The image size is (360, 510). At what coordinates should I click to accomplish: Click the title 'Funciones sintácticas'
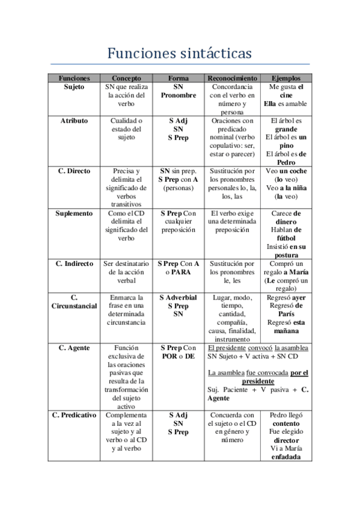[x=179, y=54]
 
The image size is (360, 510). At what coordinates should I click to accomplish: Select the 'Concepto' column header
[x=126, y=78]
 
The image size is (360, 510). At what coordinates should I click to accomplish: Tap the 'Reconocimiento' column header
[x=233, y=78]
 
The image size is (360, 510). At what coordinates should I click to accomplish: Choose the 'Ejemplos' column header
[x=286, y=78]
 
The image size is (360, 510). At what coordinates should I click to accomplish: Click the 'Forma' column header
[x=178, y=78]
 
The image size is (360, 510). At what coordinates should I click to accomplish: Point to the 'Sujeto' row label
[x=74, y=87]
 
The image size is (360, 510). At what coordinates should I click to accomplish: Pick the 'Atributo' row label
[x=74, y=121]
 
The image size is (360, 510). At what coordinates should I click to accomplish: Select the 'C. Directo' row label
[x=74, y=171]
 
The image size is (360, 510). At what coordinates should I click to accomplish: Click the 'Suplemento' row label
[x=74, y=214]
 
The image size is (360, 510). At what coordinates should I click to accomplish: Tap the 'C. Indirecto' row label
[x=74, y=264]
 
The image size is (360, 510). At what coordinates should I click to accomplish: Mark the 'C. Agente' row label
[x=74, y=348]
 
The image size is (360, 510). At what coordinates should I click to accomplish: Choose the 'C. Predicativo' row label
[x=74, y=416]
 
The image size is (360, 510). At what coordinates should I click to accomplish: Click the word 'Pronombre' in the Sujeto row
[x=178, y=96]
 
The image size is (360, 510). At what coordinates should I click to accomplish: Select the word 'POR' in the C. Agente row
[x=170, y=357]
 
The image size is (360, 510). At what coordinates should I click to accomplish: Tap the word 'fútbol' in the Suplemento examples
[x=287, y=238]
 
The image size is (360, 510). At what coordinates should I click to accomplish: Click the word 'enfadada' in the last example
[x=287, y=457]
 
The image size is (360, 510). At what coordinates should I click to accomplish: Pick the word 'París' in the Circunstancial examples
[x=287, y=314]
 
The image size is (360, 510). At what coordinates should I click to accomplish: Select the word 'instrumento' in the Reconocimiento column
[x=233, y=339]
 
